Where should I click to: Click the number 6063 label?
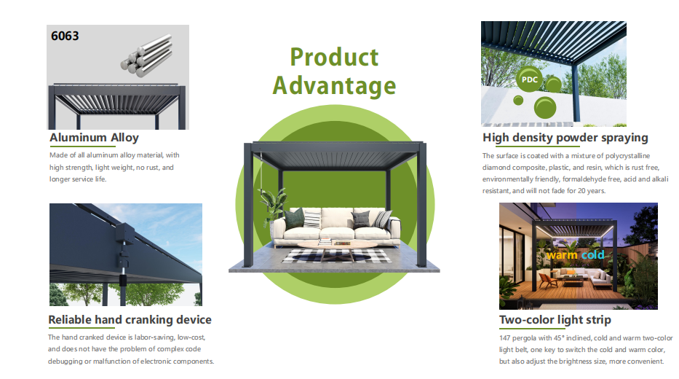pyautogui.click(x=65, y=36)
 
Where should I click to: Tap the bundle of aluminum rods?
pyautogui.click(x=147, y=56)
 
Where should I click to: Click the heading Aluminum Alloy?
pyautogui.click(x=94, y=138)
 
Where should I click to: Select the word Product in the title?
pyautogui.click(x=334, y=58)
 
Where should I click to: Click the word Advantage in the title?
pyautogui.click(x=334, y=85)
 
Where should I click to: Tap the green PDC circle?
pyautogui.click(x=529, y=79)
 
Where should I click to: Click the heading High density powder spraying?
pyautogui.click(x=565, y=138)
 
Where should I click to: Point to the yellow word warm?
pyautogui.click(x=562, y=255)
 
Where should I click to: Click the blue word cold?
pyautogui.click(x=593, y=254)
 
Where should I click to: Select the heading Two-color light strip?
pyautogui.click(x=555, y=319)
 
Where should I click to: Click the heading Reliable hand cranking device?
pyautogui.click(x=130, y=319)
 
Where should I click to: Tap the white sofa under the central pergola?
pyautogui.click(x=337, y=227)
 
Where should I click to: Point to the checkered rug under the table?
pyautogui.click(x=336, y=257)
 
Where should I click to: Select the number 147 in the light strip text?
pyautogui.click(x=504, y=337)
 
